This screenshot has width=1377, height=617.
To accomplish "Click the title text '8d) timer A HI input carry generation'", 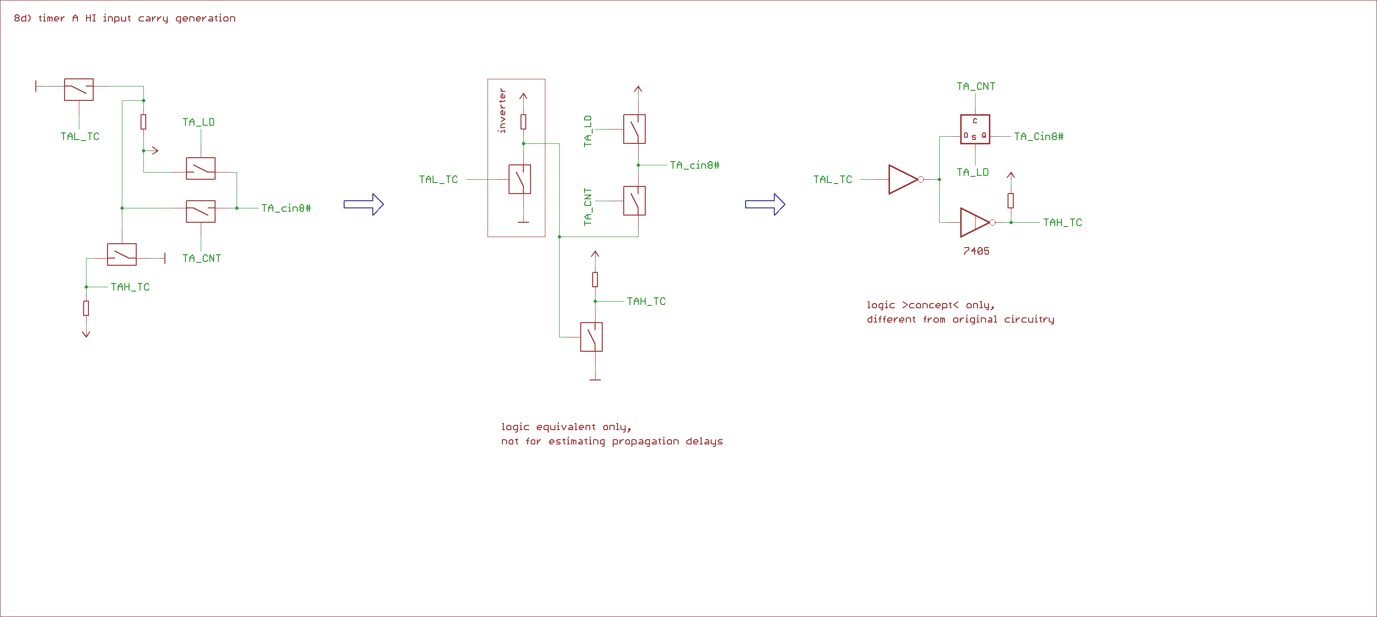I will pos(125,18).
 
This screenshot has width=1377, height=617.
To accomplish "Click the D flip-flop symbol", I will pos(975,130).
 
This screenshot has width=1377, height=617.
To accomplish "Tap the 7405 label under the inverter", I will pos(976,251).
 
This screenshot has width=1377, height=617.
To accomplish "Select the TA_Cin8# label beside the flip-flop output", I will pos(1038,136).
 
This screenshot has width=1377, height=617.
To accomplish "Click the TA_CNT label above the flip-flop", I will pos(976,86).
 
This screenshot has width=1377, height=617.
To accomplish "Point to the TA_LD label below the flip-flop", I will pos(972,172).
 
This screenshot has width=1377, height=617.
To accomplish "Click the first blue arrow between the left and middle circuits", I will pos(364,204).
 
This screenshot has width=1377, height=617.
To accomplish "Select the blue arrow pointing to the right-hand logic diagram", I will pos(765,204).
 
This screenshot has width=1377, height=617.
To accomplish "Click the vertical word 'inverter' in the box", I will pos(501,111).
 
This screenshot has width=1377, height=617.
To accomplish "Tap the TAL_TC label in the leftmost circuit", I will pos(80,136).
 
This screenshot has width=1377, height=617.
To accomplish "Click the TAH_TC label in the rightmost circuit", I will pos(1062,222).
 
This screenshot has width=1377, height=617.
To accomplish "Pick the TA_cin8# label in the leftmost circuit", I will pos(285,208).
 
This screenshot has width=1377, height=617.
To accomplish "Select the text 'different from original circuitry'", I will pos(960,319).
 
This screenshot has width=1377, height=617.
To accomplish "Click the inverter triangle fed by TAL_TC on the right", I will pos(903,179).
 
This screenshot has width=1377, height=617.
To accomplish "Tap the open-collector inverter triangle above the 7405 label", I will pos(975,222).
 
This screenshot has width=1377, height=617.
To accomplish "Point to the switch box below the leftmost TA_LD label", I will pos(200,168).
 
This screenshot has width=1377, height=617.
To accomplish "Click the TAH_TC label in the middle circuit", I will pos(646,302).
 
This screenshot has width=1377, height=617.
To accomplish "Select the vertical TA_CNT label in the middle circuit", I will pos(588,206).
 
